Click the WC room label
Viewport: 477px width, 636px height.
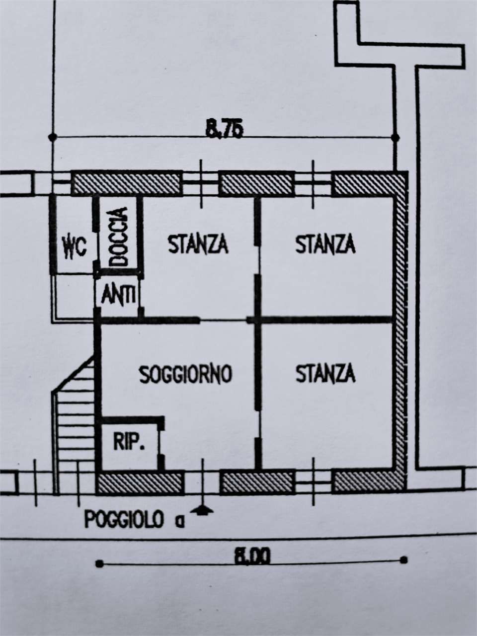click(x=75, y=247)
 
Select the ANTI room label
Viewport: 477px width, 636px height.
click(x=118, y=295)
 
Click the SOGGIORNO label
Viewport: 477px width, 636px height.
click(x=186, y=374)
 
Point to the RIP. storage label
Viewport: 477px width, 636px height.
click(x=129, y=442)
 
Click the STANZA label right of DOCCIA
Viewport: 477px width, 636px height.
click(x=198, y=244)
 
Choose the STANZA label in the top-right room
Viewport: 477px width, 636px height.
click(x=325, y=244)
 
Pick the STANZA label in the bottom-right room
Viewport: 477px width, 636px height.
click(x=325, y=373)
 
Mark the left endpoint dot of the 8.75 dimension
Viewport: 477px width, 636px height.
click(x=53, y=137)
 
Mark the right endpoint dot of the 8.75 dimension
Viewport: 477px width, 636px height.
click(x=395, y=137)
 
